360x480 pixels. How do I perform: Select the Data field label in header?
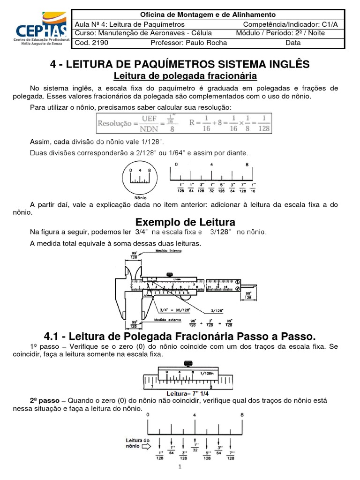(x=293, y=43)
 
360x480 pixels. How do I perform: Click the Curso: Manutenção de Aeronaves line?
(x=143, y=33)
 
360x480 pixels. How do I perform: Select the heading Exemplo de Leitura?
(x=185, y=221)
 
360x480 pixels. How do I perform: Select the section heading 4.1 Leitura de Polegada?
(x=180, y=336)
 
